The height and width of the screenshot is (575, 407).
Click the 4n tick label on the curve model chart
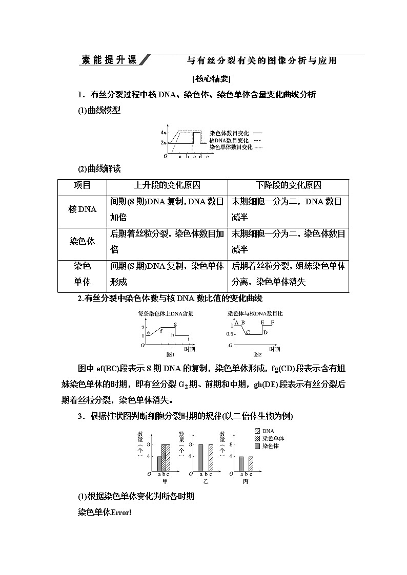tap(163, 132)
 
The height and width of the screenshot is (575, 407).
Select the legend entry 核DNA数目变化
tap(229, 140)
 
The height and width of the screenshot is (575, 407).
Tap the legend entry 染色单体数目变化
tap(231, 147)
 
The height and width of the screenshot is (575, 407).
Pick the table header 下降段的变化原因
tap(289, 185)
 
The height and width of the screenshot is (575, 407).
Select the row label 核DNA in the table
tap(82, 209)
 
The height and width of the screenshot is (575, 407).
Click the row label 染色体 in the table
tap(82, 241)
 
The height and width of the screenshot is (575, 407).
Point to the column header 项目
tap(82, 185)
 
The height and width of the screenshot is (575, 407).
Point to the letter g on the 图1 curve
tap(175, 324)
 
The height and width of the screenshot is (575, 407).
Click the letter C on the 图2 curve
tap(248, 333)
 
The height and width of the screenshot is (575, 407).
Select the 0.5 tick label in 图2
tap(230, 334)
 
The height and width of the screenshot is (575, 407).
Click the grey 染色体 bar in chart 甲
tap(159, 463)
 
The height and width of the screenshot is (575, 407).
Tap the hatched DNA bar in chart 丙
tap(251, 463)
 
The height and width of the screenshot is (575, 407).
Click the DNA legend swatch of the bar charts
tap(257, 431)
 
